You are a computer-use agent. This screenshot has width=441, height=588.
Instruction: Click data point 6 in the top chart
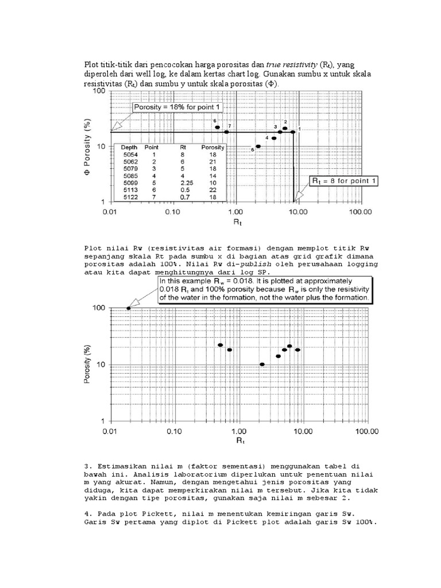click(x=218, y=127)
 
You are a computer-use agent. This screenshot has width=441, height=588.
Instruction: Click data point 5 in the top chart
click(x=258, y=146)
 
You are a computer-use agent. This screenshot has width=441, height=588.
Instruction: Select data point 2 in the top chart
click(x=285, y=129)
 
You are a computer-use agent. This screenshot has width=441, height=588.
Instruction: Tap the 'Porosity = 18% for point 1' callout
click(x=177, y=107)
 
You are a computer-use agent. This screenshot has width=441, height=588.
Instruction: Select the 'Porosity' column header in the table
click(x=213, y=147)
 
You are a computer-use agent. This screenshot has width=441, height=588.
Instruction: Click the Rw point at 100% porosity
click(x=129, y=308)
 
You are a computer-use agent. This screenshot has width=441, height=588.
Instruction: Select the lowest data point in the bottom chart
click(x=262, y=365)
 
